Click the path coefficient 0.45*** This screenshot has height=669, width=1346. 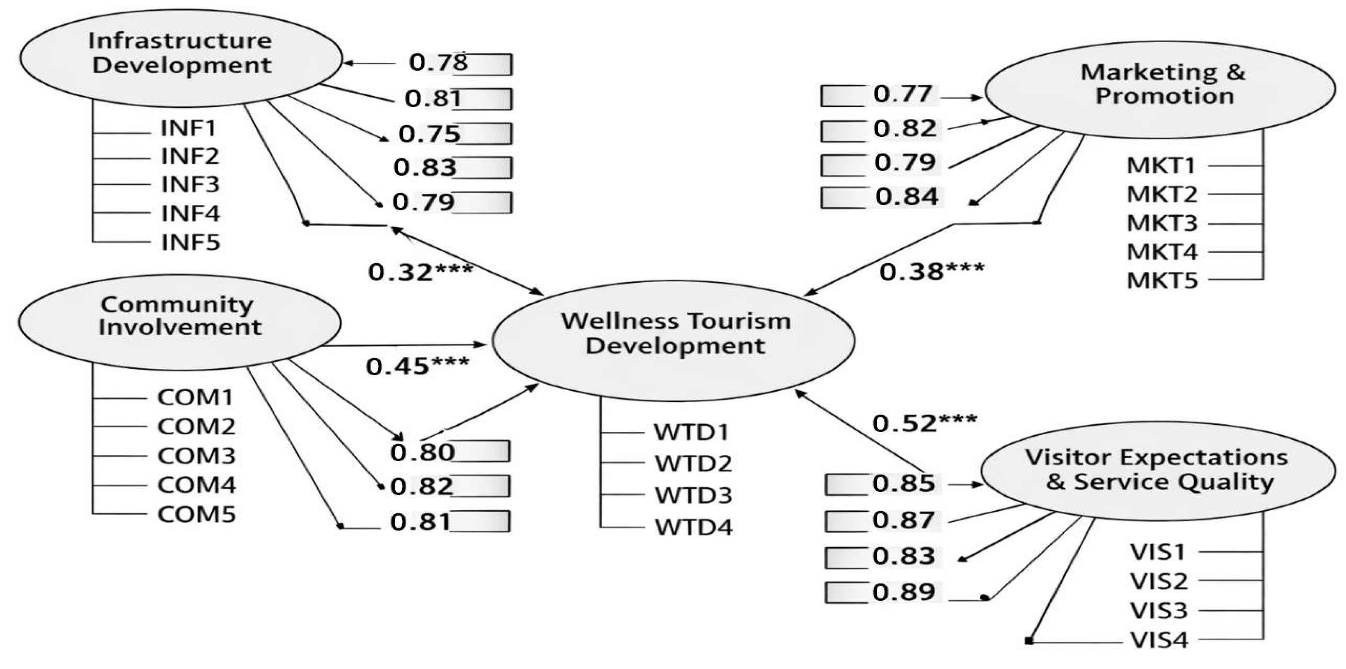click(417, 366)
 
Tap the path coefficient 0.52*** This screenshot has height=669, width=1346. click(924, 423)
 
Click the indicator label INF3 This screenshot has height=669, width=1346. click(190, 185)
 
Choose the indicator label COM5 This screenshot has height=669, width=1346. click(197, 514)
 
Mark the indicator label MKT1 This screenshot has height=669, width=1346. click(1161, 166)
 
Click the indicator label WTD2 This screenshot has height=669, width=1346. click(693, 463)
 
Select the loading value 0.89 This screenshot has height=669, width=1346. click(903, 592)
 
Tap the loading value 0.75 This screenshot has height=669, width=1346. click(429, 134)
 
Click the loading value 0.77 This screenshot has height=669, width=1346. click(902, 94)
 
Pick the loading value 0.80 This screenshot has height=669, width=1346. click(422, 453)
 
